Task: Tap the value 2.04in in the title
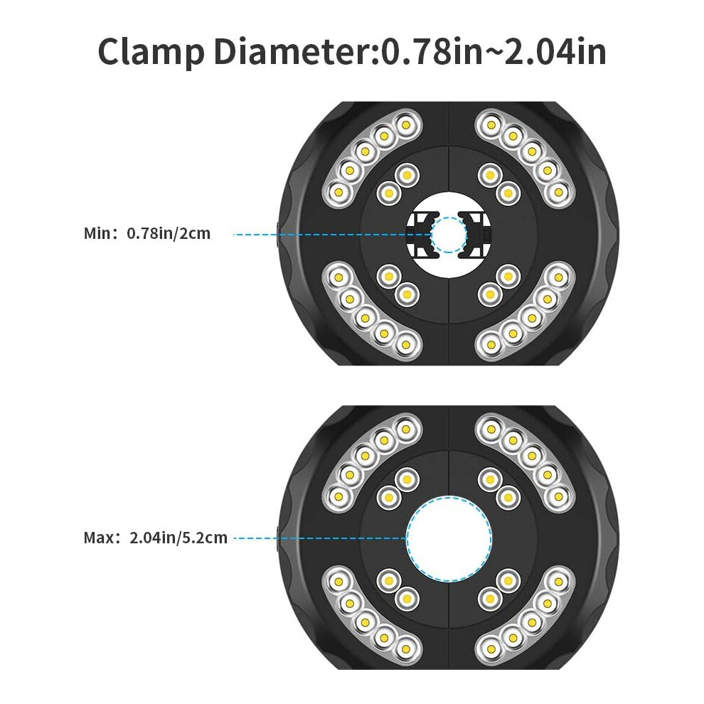(x=555, y=52)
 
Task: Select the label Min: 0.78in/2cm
(x=147, y=233)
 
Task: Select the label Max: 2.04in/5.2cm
(x=155, y=538)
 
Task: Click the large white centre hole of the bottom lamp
(x=449, y=538)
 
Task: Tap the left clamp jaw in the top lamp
(x=422, y=235)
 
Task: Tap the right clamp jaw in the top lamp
(x=475, y=235)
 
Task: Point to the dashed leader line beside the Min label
(x=332, y=235)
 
